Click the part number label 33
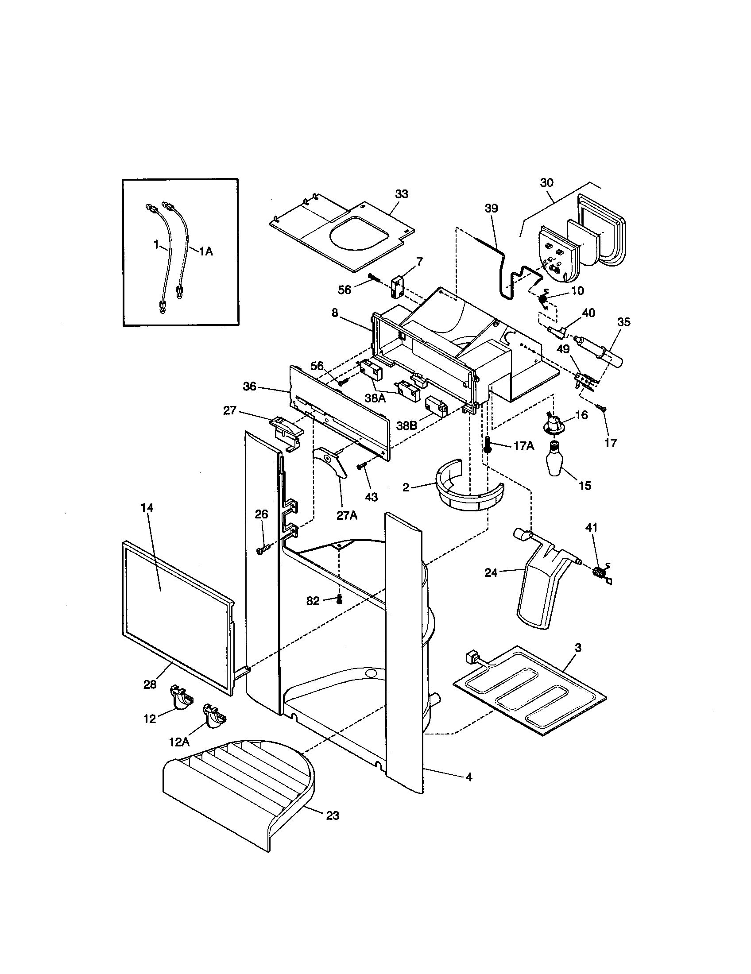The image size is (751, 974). (401, 194)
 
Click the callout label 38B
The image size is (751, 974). (406, 426)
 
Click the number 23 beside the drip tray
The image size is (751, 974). (333, 816)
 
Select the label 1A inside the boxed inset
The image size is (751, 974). (205, 251)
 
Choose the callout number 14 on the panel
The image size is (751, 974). (147, 508)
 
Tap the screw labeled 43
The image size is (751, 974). (361, 466)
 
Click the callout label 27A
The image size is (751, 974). (347, 515)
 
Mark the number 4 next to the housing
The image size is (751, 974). (468, 777)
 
